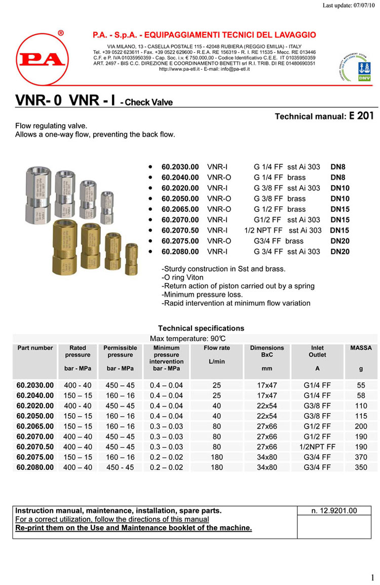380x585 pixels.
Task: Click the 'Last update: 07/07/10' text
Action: pyautogui.click(x=350, y=6)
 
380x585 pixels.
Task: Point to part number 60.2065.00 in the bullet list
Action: pyautogui.click(x=180, y=209)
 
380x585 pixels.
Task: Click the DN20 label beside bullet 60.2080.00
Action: pyautogui.click(x=340, y=251)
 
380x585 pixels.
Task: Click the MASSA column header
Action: pyautogui.click(x=361, y=348)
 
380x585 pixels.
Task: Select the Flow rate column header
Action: pyautogui.click(x=216, y=348)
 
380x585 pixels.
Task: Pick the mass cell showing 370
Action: pyautogui.click(x=361, y=457)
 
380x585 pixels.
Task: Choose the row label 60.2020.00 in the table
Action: pyautogui.click(x=35, y=406)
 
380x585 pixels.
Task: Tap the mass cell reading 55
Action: pyautogui.click(x=361, y=385)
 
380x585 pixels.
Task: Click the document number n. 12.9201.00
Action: pyautogui.click(x=334, y=511)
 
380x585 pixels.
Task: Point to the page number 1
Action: pyautogui.click(x=372, y=577)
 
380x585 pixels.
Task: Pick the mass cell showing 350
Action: pyautogui.click(x=361, y=467)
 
